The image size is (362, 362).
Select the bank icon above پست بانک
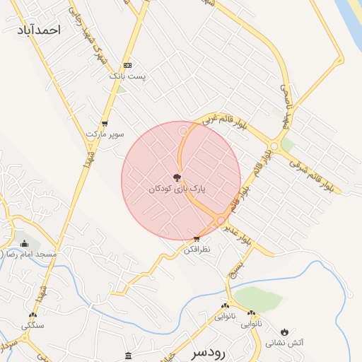127,64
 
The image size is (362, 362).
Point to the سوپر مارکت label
105,133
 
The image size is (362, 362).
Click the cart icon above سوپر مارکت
105,122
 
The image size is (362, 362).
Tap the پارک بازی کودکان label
177,189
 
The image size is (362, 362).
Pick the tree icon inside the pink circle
177,177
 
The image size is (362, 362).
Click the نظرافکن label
197,250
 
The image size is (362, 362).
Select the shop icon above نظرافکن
197,239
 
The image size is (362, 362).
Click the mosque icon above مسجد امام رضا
25,243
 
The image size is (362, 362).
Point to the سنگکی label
33,325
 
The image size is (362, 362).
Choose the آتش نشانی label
284,343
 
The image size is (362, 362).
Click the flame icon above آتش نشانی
284,331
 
